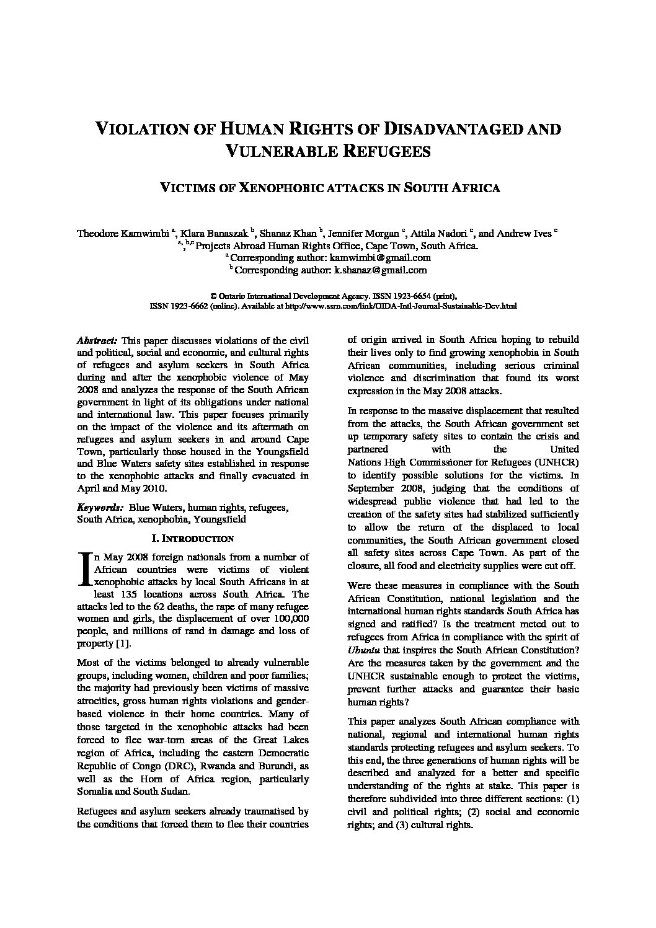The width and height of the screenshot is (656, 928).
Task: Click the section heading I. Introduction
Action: tap(193, 539)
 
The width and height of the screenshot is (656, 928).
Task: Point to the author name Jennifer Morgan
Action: tap(366, 234)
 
